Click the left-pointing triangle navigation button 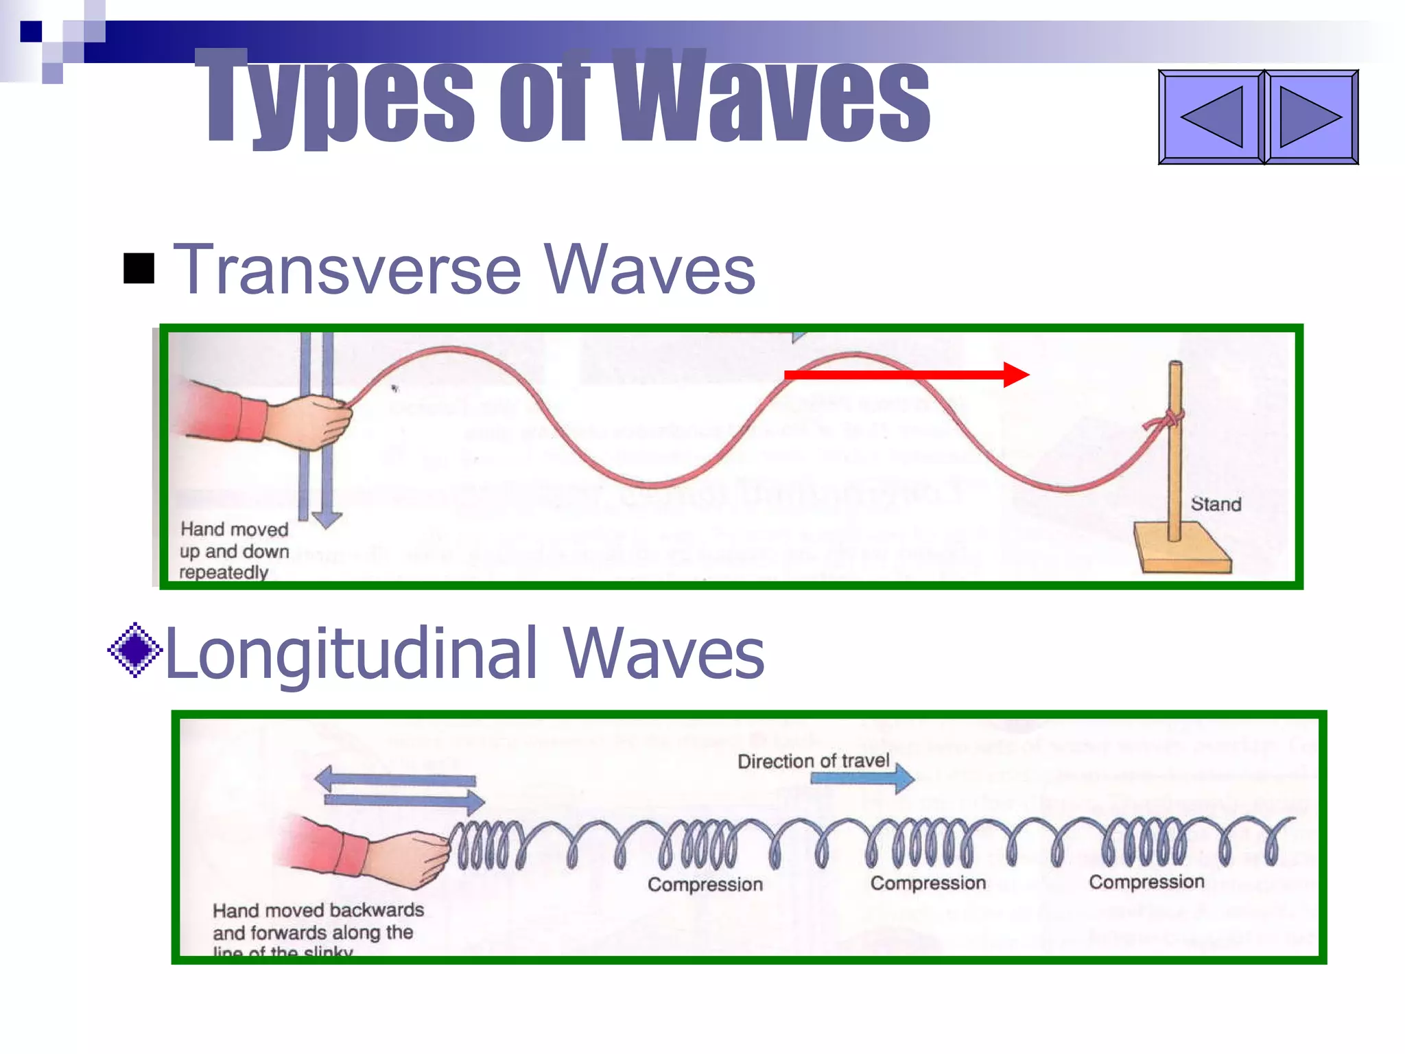click(x=1211, y=117)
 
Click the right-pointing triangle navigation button click(x=1311, y=117)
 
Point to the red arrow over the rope click(x=906, y=375)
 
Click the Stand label click(x=1216, y=504)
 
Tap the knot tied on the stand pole click(x=1168, y=419)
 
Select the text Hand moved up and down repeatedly click(x=233, y=550)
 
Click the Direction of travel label click(x=813, y=761)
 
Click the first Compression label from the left click(x=705, y=885)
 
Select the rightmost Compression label click(x=1146, y=882)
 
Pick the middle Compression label click(x=928, y=883)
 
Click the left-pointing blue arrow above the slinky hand click(x=394, y=780)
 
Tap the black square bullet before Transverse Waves click(x=139, y=268)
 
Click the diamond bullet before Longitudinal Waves click(x=135, y=650)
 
